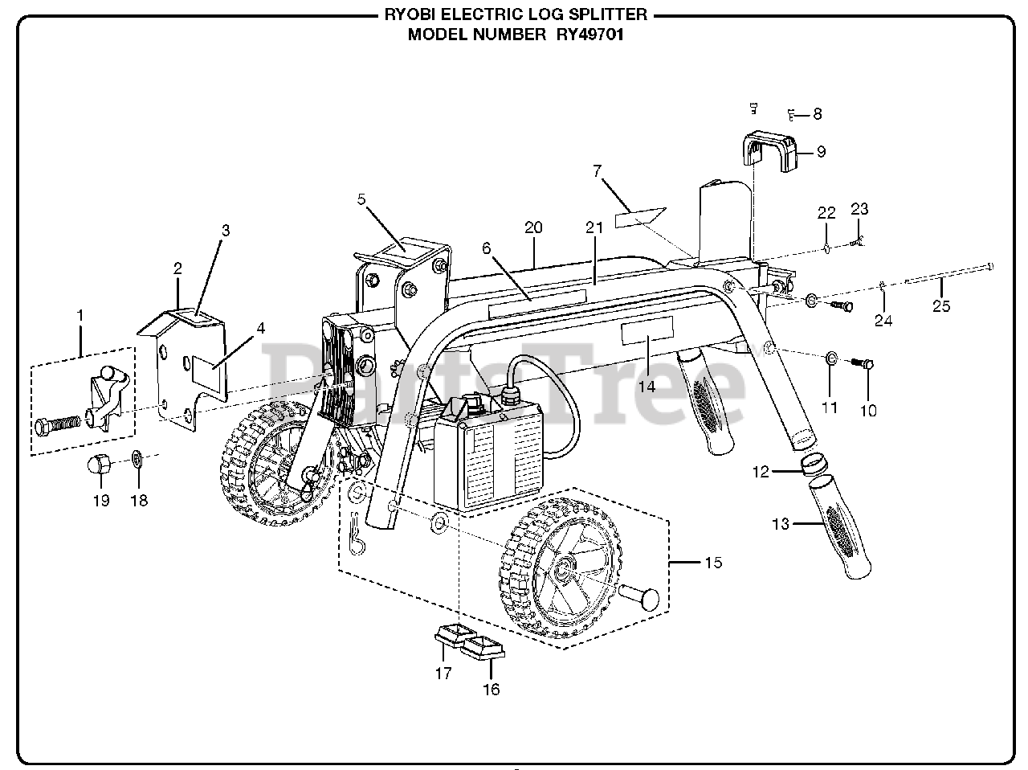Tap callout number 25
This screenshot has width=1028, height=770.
coord(940,306)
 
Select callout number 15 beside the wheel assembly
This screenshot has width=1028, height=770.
coord(713,563)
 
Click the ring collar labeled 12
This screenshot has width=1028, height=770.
coord(816,465)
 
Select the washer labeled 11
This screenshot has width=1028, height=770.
coord(830,357)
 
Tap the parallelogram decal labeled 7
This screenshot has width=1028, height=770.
coord(640,217)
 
